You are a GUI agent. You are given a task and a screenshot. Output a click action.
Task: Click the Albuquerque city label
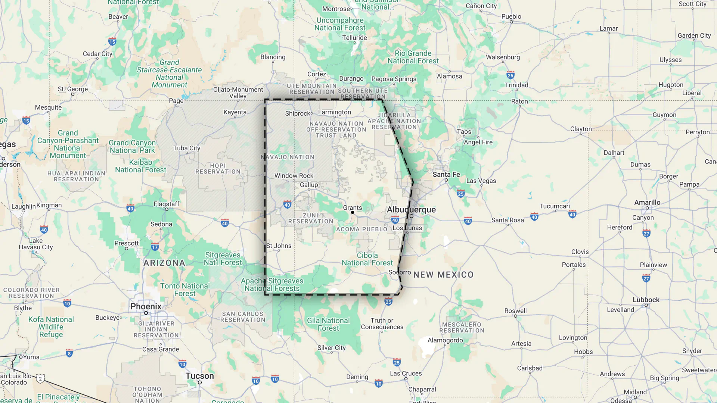tap(411, 210)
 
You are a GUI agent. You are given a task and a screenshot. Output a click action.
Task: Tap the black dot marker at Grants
tap(353, 213)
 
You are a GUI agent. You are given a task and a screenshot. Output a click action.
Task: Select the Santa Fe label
tap(446, 174)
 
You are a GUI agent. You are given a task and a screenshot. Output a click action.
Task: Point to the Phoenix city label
tap(146, 306)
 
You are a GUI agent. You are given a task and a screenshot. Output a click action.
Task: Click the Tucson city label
tap(200, 376)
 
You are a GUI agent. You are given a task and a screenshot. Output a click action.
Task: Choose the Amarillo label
tap(647, 202)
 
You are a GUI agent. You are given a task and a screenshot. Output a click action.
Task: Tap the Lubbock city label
tap(646, 300)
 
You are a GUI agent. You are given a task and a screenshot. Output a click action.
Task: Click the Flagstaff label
tap(167, 204)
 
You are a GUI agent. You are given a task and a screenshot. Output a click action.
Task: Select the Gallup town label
tap(309, 185)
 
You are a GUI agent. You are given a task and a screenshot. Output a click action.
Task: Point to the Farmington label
tap(335, 112)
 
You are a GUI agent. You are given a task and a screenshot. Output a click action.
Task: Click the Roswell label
tap(515, 311)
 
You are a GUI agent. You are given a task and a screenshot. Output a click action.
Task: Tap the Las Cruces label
tap(406, 373)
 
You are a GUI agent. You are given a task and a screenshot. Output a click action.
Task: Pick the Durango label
tap(351, 79)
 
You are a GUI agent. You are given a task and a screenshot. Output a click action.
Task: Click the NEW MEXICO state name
tap(443, 275)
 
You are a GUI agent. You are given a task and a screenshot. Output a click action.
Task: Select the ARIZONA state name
tap(164, 263)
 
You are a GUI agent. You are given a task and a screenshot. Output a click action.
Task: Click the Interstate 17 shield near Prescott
tap(155, 247)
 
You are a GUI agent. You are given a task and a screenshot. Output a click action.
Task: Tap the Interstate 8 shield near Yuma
tap(69, 353)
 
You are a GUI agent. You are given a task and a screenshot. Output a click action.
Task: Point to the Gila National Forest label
tap(328, 324)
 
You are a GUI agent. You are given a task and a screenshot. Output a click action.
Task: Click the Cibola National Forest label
tap(367, 259)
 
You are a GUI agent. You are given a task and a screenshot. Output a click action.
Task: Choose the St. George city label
tap(73, 89)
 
